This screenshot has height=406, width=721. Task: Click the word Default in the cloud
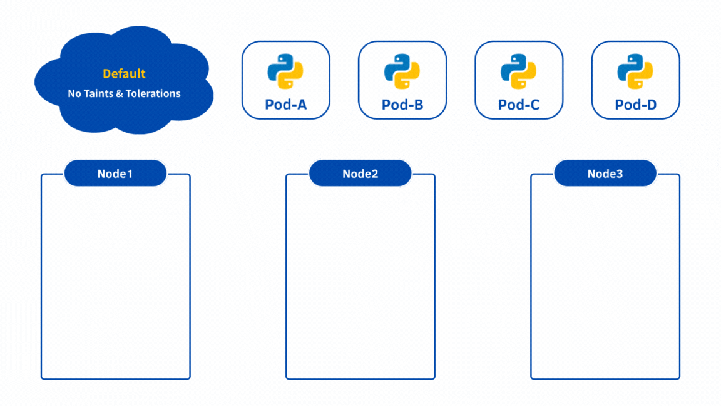pos(124,74)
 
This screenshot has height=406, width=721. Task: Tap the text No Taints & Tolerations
pos(124,94)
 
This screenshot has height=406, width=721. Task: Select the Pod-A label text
pos(285,105)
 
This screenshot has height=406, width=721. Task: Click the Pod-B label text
pos(402,105)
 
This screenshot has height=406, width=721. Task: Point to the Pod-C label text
pos(519,105)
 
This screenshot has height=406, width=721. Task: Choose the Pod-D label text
pos(635,105)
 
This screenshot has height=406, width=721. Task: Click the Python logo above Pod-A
pos(285,71)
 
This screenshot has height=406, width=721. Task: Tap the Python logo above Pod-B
pos(402,71)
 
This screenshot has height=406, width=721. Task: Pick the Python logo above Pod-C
pos(519,71)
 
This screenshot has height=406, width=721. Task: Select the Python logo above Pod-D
pos(635,71)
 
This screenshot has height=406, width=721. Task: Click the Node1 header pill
pos(115,174)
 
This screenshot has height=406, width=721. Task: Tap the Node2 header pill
pos(360,174)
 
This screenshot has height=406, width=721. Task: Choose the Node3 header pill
pos(605,174)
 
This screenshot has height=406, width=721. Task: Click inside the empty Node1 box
pos(115,282)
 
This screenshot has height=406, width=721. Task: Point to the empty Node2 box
pos(360,282)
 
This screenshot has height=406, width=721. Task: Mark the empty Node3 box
pos(605,282)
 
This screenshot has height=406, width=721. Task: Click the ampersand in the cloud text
pos(119,94)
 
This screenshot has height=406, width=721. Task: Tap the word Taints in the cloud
pos(98,94)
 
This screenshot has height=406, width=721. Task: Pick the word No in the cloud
pos(74,94)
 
